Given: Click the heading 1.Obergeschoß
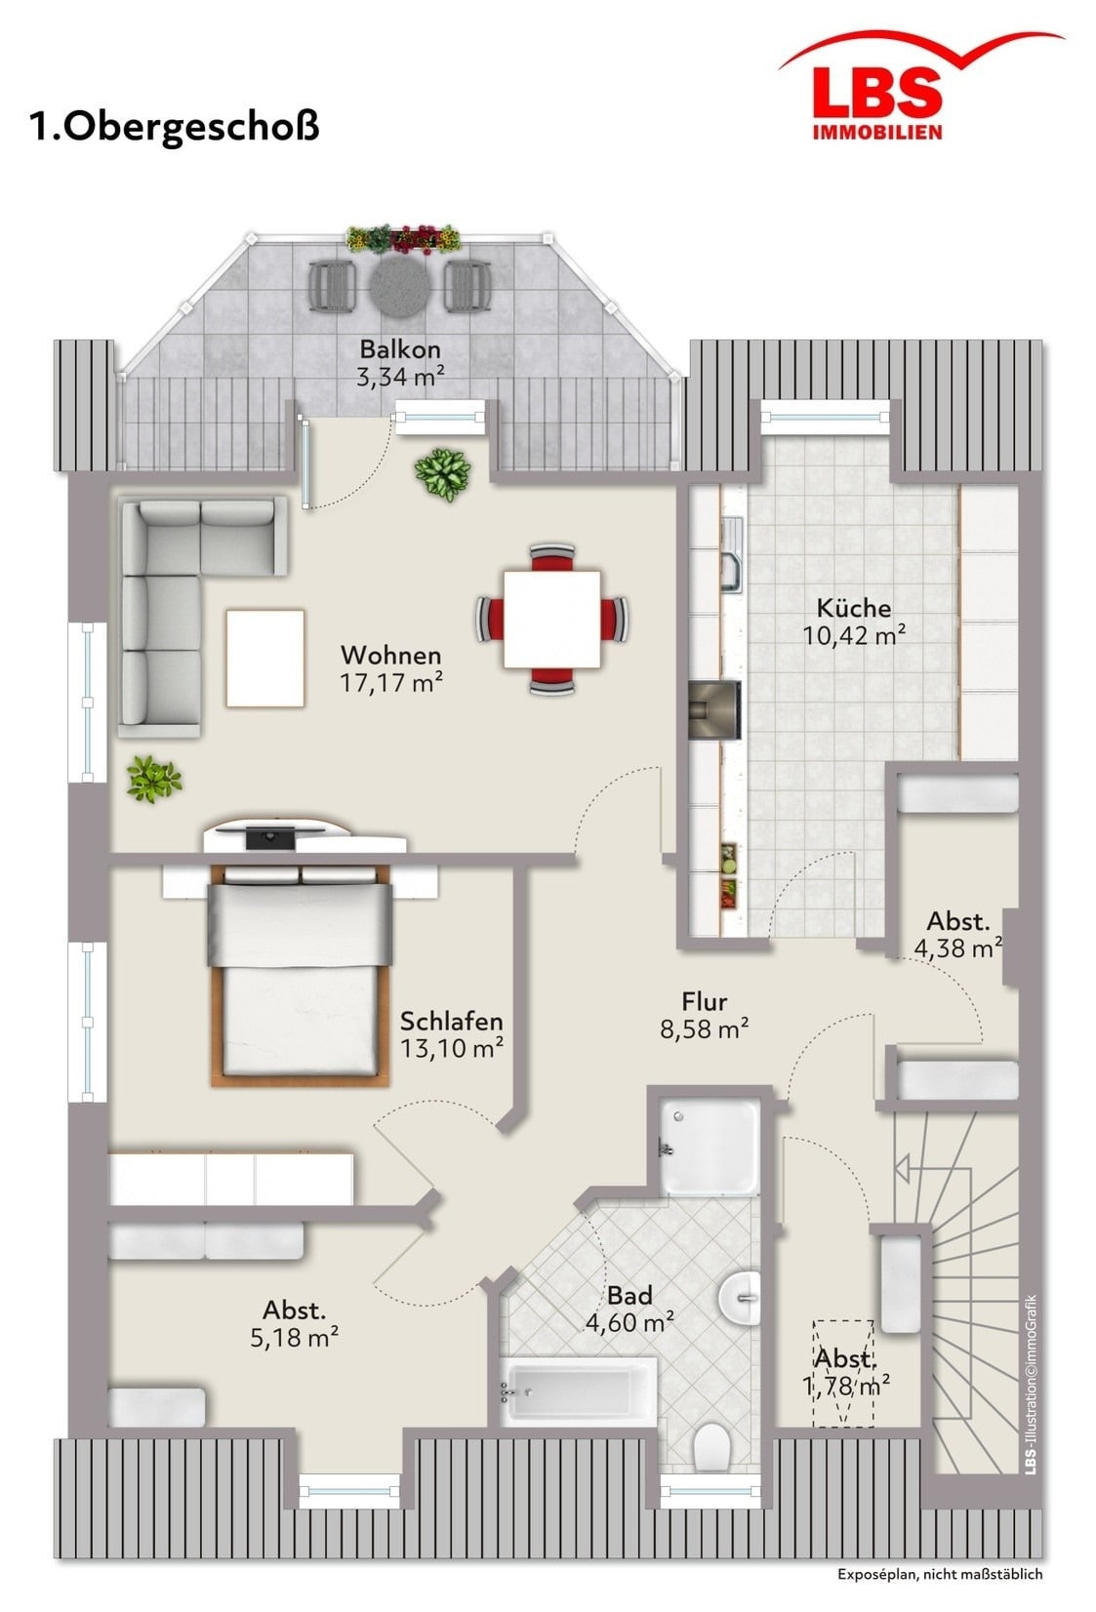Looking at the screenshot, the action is pyautogui.click(x=174, y=127).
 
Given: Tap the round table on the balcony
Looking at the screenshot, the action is pyautogui.click(x=400, y=287).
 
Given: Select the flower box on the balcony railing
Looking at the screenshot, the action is pyautogui.click(x=403, y=238).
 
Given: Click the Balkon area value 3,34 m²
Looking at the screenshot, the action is pyautogui.click(x=400, y=376).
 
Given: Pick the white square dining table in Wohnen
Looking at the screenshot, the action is pyautogui.click(x=552, y=619).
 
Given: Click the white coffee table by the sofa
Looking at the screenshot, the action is pyautogui.click(x=264, y=658).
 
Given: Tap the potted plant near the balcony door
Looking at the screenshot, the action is pyautogui.click(x=442, y=474).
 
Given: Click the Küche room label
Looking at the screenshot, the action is pyautogui.click(x=854, y=608).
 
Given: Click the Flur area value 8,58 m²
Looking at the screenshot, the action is pyautogui.click(x=704, y=1029).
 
